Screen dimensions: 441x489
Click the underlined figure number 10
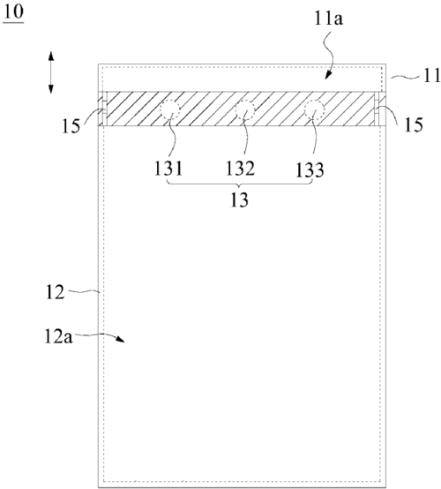(x=13, y=12)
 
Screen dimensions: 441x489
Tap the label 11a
(x=328, y=19)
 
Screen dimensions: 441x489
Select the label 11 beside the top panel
(x=431, y=75)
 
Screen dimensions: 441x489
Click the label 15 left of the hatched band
(x=71, y=126)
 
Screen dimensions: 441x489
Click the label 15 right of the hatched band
(x=414, y=124)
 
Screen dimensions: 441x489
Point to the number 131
(x=168, y=169)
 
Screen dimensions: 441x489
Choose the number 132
(x=240, y=169)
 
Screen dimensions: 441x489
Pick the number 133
(x=310, y=170)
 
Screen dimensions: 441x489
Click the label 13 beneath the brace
(x=239, y=199)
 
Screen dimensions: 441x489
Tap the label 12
(x=56, y=292)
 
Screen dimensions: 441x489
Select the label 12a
(x=58, y=336)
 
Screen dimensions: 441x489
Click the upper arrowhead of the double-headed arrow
(x=51, y=56)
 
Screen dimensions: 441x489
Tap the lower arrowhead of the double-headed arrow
(x=51, y=89)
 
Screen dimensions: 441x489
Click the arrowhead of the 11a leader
(x=327, y=76)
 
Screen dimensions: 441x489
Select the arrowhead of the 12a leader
(x=121, y=339)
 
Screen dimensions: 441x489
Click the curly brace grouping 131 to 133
(x=239, y=184)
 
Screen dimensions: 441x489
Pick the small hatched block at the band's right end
(x=383, y=109)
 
